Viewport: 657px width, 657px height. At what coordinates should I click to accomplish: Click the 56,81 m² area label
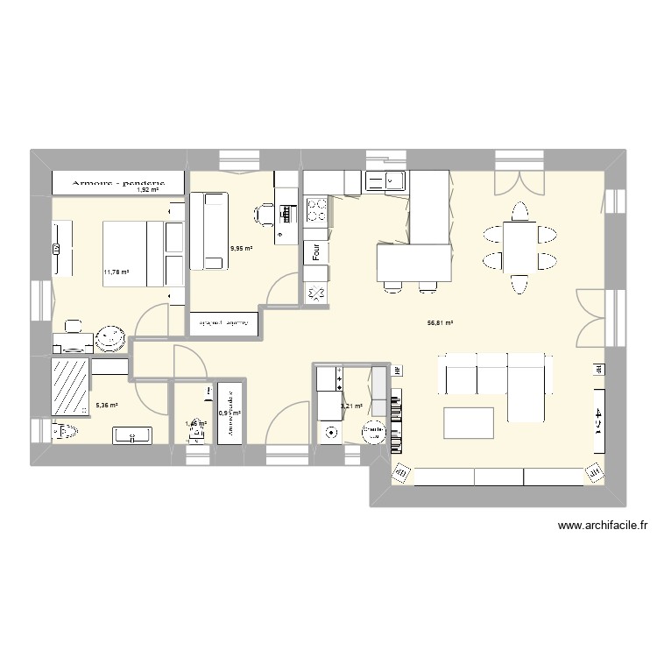pos(440,323)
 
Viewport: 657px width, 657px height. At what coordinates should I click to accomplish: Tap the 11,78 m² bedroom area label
pos(117,272)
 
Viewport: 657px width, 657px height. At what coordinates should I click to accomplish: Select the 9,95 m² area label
pos(241,249)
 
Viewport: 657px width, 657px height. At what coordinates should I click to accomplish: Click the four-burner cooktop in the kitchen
pos(315,210)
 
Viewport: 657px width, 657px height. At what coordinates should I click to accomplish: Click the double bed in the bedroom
pos(131,252)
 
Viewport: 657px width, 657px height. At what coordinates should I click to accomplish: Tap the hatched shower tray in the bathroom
pos(71,385)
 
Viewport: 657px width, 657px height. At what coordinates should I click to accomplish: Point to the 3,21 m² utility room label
pos(352,406)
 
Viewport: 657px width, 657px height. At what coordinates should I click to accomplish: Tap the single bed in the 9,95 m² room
pos(213,230)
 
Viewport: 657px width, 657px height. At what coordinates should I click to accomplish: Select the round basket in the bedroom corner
pos(111,336)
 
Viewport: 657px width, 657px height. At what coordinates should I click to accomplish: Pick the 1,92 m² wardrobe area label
pos(147,189)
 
